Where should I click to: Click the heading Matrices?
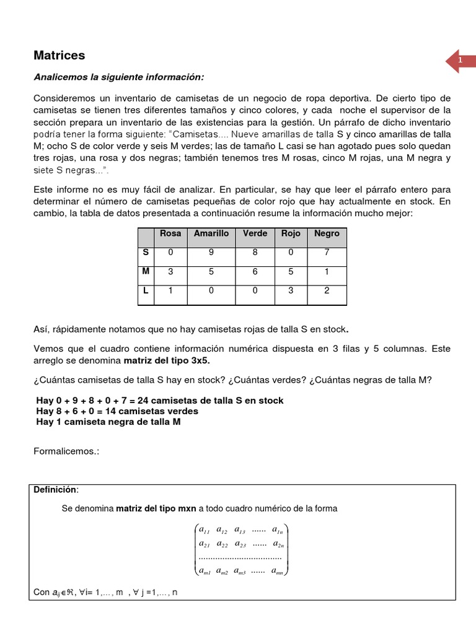pyautogui.click(x=59, y=56)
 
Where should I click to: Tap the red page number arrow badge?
pyautogui.click(x=461, y=61)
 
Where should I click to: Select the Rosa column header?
pyautogui.click(x=170, y=233)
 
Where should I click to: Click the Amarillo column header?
pyautogui.click(x=211, y=233)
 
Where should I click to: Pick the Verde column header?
pyautogui.click(x=255, y=233)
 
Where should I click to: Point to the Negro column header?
pyautogui.click(x=327, y=233)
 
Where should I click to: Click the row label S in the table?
pyautogui.click(x=146, y=253)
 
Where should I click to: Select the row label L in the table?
pyautogui.click(x=146, y=291)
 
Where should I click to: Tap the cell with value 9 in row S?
pyautogui.click(x=211, y=253)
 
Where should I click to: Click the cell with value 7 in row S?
pyautogui.click(x=327, y=253)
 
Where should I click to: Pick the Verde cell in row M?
pyautogui.click(x=255, y=272)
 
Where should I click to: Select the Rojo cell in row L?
pyautogui.click(x=291, y=291)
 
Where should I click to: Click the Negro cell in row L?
pyautogui.click(x=327, y=291)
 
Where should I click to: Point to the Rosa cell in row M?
pyautogui.click(x=170, y=272)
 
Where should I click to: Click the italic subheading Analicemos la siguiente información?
pyautogui.click(x=118, y=77)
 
